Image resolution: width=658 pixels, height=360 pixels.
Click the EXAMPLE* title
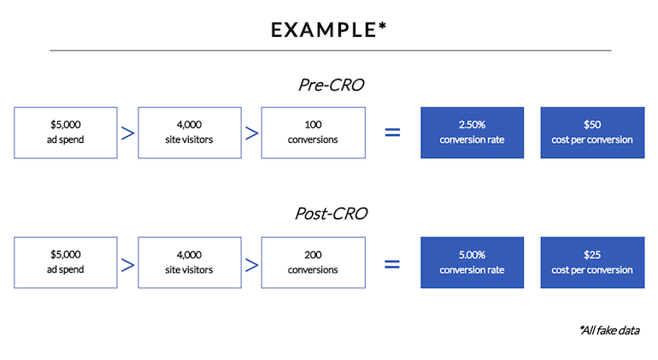pos(329,30)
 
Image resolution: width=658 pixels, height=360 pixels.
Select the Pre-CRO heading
pos(331,85)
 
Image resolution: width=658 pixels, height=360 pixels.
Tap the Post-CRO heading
pos(331,214)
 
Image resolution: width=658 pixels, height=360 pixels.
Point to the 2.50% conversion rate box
pos(472,133)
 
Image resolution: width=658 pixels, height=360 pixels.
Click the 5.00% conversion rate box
pos(472,263)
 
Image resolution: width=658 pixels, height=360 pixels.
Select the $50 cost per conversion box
pos(592,133)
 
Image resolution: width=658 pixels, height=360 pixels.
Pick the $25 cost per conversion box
pos(592,263)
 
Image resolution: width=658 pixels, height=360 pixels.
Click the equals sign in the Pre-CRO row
pos(392,133)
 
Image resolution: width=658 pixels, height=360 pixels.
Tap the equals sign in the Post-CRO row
pos(392,264)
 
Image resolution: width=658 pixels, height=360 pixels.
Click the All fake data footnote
pos(610,331)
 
